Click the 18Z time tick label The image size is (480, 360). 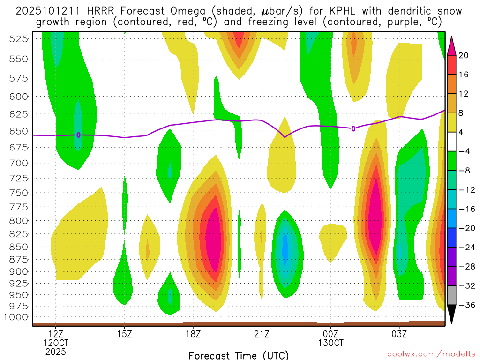[193, 334]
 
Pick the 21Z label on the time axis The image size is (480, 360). [262, 334]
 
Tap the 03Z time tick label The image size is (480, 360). [399, 334]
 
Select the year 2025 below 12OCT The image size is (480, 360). [56, 351]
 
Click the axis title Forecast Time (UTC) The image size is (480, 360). [239, 355]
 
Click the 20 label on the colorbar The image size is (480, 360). [464, 55]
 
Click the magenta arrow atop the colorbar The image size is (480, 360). [452, 45]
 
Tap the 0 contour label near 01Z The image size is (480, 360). [353, 128]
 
